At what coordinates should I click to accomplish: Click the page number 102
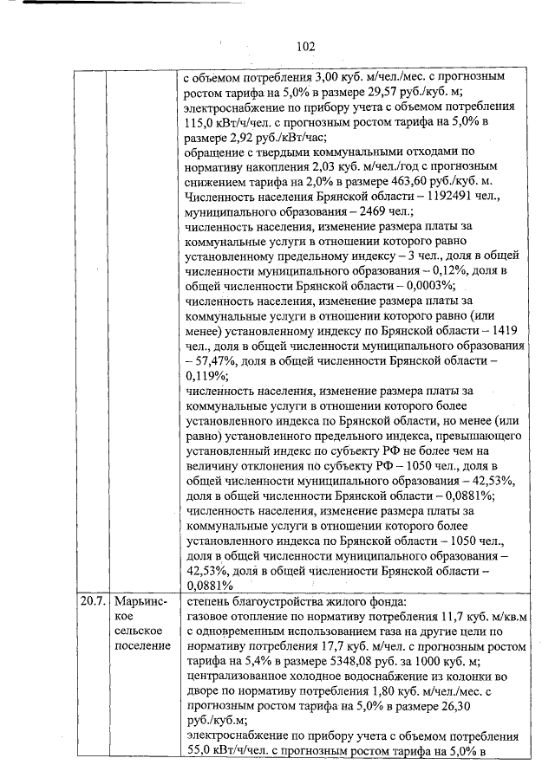304,47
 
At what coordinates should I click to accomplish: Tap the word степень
212,600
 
